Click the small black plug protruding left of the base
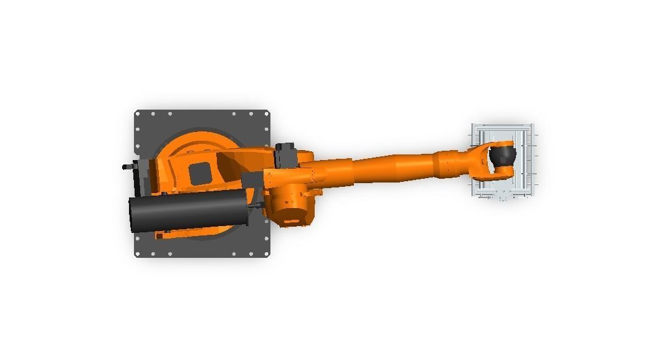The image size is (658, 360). (x=126, y=167)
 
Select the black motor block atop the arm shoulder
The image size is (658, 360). (x=285, y=154)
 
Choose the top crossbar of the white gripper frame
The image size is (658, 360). (x=502, y=128)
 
